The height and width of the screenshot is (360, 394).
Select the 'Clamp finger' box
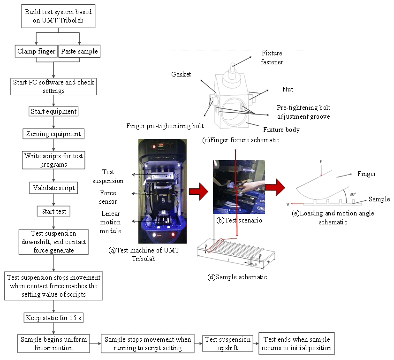[x=36, y=51]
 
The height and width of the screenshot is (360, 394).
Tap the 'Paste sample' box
[x=79, y=51]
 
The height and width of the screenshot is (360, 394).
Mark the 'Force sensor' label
[x=108, y=197]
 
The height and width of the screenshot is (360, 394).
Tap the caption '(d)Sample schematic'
[x=237, y=277]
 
